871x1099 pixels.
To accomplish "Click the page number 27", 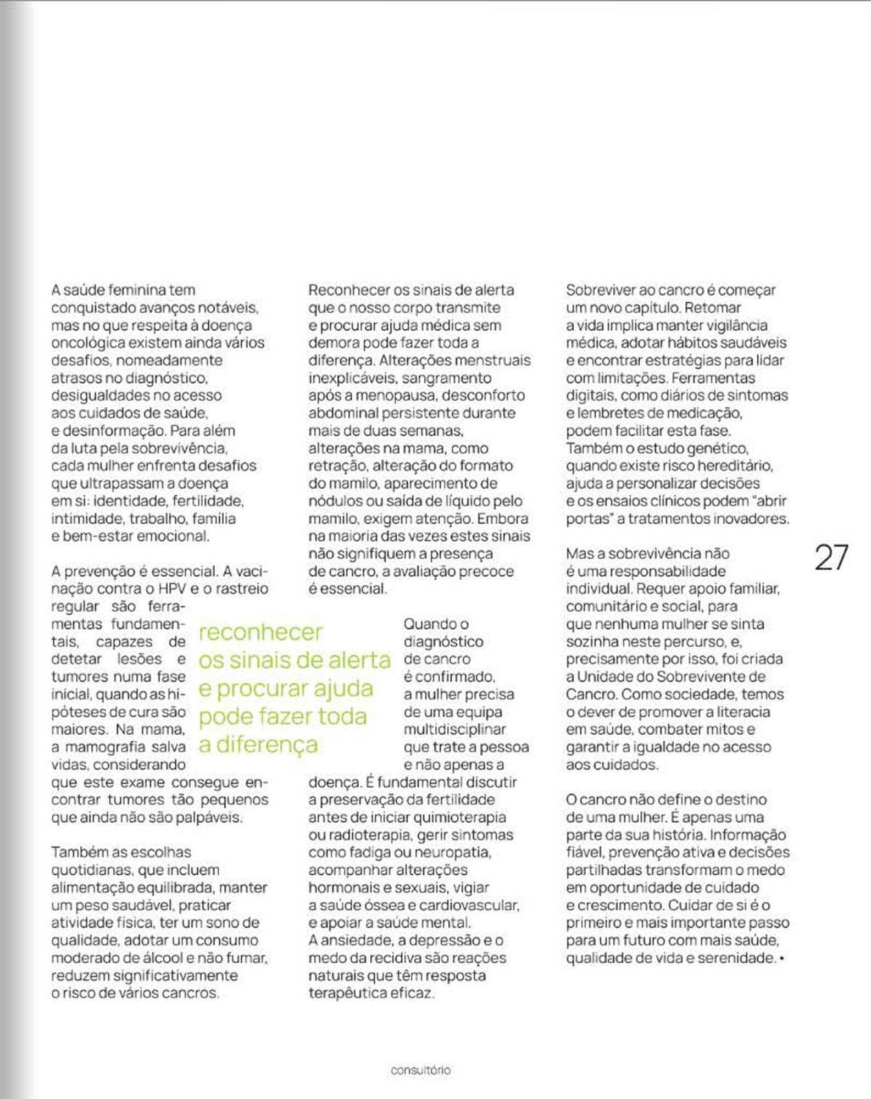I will [x=831, y=558].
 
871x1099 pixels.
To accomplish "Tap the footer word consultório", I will [x=420, y=1070].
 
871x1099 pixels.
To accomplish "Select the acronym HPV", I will [x=172, y=589].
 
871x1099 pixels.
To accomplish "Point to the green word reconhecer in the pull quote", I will [x=260, y=632].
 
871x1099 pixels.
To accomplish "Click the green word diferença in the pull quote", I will [x=267, y=745].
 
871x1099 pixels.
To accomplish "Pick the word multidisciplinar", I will [x=454, y=729].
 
